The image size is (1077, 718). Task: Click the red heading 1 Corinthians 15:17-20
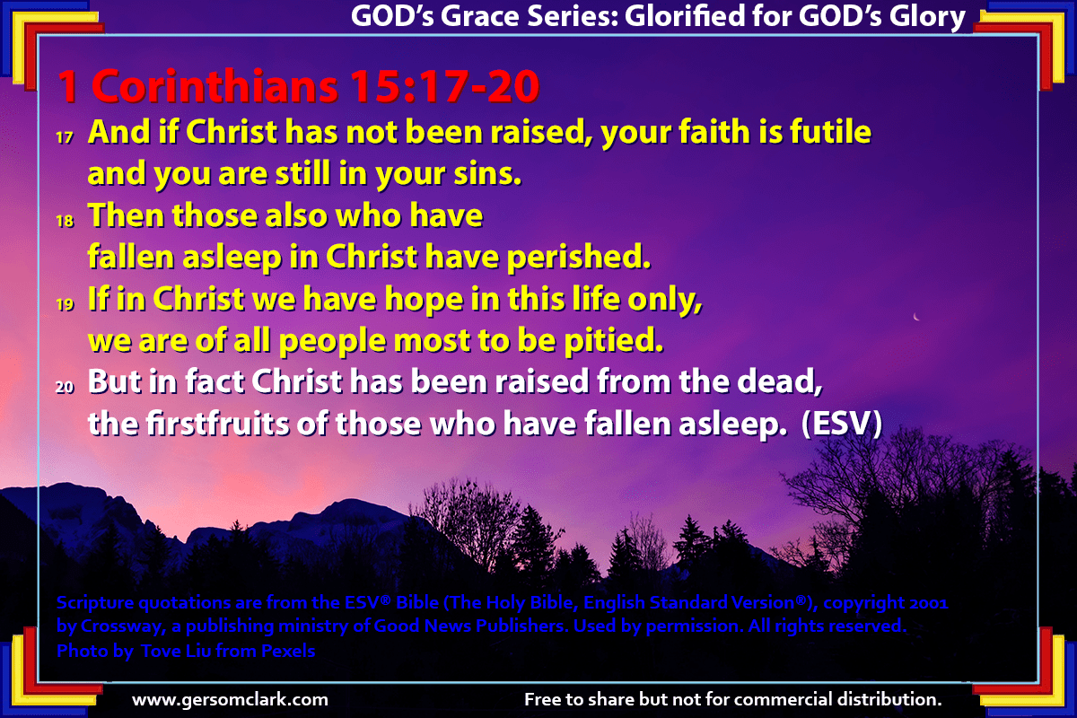pos(299,86)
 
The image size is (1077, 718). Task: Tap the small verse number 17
pos(65,138)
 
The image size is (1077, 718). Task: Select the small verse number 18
pos(65,221)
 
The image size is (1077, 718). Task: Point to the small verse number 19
pos(65,304)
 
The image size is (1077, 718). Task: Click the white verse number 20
pos(65,387)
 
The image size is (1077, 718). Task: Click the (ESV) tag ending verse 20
pos(842,424)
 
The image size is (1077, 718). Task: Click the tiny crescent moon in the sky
pos(916,317)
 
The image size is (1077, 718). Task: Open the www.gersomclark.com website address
pos(230,700)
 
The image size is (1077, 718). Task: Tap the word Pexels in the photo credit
pos(288,651)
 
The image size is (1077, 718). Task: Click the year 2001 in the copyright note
pos(928,602)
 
